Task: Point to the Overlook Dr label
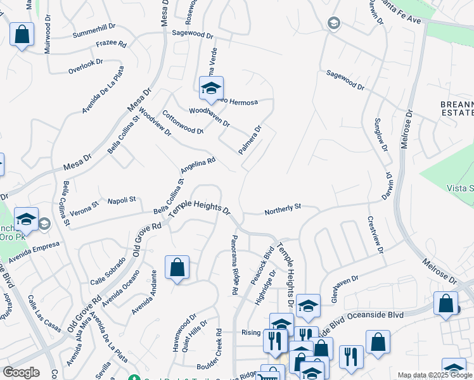pyautogui.click(x=86, y=63)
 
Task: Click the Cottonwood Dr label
pyautogui.click(x=183, y=123)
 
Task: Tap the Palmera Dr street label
pyautogui.click(x=250, y=140)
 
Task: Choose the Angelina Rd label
pyautogui.click(x=198, y=166)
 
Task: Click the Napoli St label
pyautogui.click(x=122, y=200)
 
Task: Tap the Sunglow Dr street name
pyautogui.click(x=380, y=134)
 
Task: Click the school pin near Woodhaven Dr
pyautogui.click(x=211, y=89)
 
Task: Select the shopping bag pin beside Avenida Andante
pyautogui.click(x=177, y=267)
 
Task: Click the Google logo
pyautogui.click(x=21, y=372)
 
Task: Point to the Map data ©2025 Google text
pyautogui.click(x=435, y=375)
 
